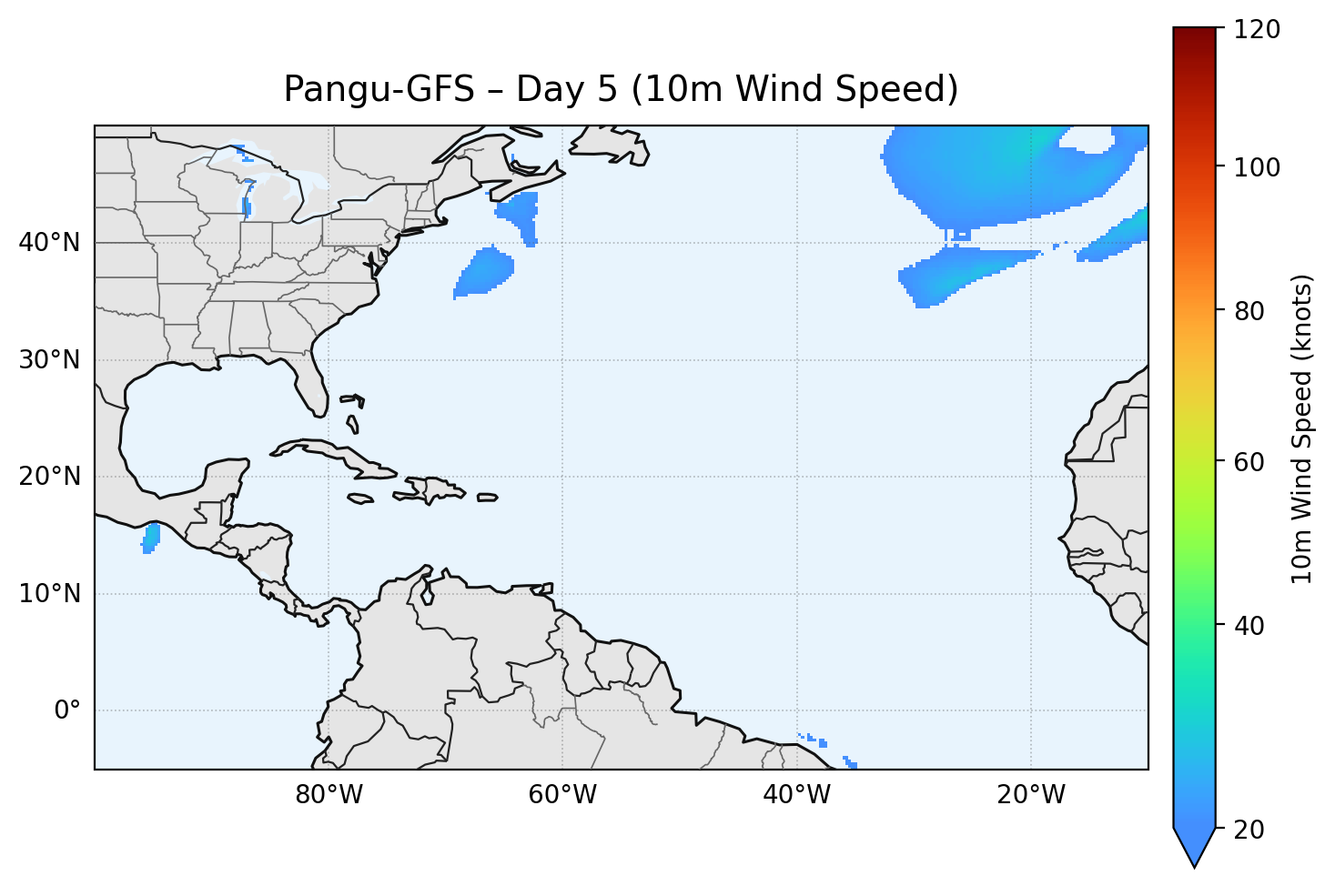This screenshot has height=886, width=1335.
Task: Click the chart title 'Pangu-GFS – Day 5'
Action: pyautogui.click(x=621, y=89)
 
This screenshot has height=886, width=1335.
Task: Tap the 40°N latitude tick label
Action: pyautogui.click(x=49, y=243)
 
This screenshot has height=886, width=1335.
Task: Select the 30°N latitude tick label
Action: pyautogui.click(x=49, y=360)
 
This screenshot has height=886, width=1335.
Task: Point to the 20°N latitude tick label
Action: pyautogui.click(x=49, y=477)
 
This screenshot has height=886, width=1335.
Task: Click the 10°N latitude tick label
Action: pyautogui.click(x=49, y=594)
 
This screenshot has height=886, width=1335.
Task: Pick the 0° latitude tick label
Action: pyautogui.click(x=66, y=710)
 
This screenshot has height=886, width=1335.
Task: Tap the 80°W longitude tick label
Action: pyautogui.click(x=329, y=795)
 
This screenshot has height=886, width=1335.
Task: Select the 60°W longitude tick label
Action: pyautogui.click(x=562, y=795)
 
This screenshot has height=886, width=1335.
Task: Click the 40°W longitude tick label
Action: pyautogui.click(x=796, y=795)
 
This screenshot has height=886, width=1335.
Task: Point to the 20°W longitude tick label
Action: pyautogui.click(x=1031, y=795)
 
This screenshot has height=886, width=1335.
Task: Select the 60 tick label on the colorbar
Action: pyautogui.click(x=1255, y=462)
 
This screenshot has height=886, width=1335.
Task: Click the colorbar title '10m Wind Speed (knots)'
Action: pyautogui.click(x=1302, y=429)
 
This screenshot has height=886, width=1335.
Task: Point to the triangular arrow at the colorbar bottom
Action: pyautogui.click(x=1194, y=848)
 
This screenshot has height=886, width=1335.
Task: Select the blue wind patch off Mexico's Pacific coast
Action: pyautogui.click(x=151, y=538)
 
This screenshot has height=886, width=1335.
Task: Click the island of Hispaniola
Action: pyautogui.click(x=433, y=489)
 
